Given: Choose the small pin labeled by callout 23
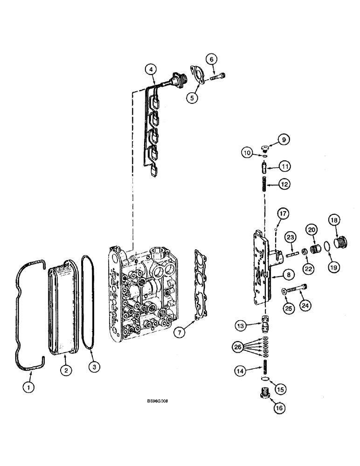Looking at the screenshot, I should point(290,254).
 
